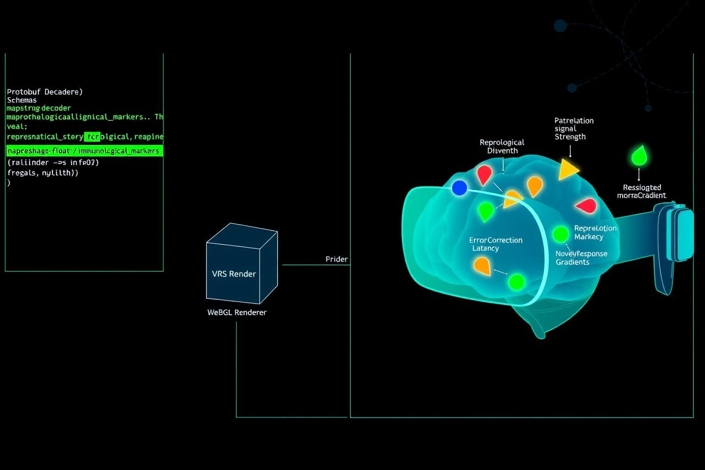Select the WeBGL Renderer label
click(237, 312)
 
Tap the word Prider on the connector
click(336, 259)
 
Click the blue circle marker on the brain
click(459, 188)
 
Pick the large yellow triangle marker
click(567, 169)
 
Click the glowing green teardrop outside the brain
click(638, 156)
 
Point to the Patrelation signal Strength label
click(573, 128)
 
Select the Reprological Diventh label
click(502, 146)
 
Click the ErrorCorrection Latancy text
click(495, 244)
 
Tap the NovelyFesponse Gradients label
click(581, 258)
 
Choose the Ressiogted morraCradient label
click(641, 191)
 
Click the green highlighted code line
click(84, 151)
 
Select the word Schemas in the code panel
click(22, 100)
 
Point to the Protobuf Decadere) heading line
click(45, 92)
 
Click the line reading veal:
click(17, 126)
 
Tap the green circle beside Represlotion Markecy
click(560, 234)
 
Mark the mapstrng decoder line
click(39, 108)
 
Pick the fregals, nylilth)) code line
click(43, 172)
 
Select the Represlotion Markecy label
click(595, 232)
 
